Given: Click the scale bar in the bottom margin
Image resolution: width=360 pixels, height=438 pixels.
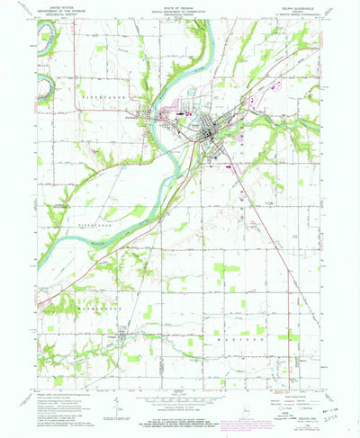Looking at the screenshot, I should point(180,406).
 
